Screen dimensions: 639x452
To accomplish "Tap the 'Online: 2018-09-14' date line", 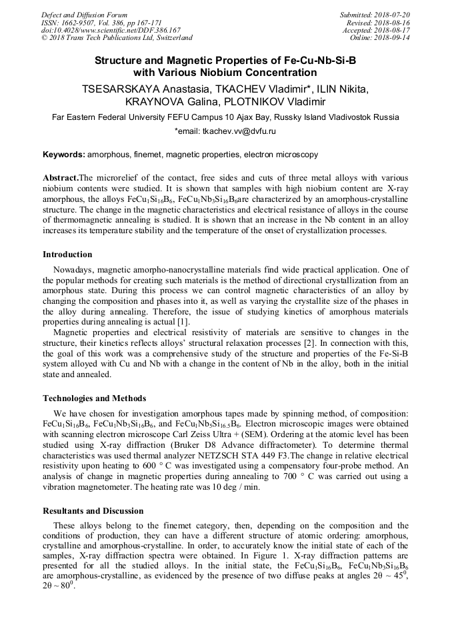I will pos(378,37).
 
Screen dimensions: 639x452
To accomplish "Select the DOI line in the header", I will pos(111,30).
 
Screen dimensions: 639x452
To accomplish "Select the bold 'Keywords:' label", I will pos(64,155).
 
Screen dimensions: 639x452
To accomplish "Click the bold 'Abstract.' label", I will pos(61,178).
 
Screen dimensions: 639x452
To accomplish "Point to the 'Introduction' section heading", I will pos(67,255).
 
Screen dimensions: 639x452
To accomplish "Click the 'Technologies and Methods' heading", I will pos(94,398).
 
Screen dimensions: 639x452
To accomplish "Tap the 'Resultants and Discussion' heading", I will pos(93,511).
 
